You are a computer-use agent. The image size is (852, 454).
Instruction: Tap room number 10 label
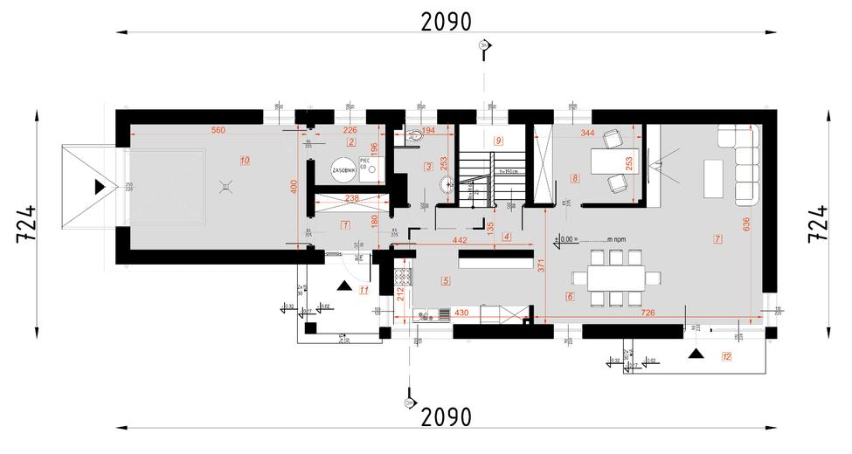[245, 160]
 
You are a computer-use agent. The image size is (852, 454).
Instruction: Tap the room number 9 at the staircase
[498, 140]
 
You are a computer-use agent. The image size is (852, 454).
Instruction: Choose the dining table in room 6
[616, 279]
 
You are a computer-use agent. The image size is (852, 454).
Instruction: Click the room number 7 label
[717, 238]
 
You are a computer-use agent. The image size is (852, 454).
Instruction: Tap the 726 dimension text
[648, 312]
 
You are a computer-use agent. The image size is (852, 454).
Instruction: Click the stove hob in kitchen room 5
[403, 277]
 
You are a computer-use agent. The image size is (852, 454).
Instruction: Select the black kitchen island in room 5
[496, 261]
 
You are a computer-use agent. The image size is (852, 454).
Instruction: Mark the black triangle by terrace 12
[696, 354]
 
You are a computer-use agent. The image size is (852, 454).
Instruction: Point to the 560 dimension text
[218, 130]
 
